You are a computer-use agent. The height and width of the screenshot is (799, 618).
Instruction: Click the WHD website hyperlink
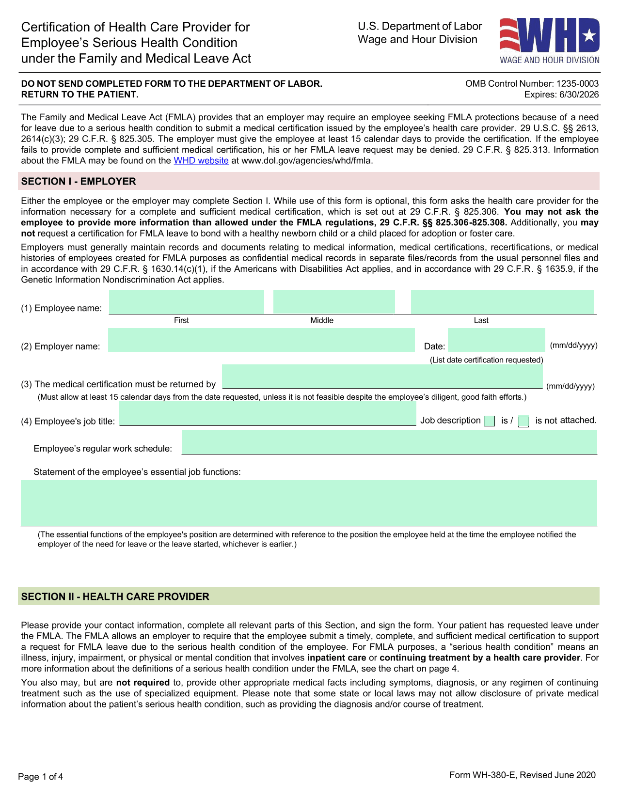point(201,161)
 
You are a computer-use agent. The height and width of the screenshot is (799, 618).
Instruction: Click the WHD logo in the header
point(549,41)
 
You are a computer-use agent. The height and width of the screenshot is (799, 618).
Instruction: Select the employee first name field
point(186,302)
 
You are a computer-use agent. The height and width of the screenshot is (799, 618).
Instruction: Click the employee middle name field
point(333,302)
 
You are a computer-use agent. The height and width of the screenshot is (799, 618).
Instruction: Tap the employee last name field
point(502,302)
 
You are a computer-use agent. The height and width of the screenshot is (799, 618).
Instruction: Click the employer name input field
point(261,340)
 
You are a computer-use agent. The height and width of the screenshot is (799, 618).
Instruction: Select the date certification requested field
point(496,340)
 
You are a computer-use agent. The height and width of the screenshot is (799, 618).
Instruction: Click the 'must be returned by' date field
point(382,376)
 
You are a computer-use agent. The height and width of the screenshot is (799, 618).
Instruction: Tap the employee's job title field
point(267,414)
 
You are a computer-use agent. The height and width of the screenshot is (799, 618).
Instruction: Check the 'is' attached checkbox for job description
point(490,421)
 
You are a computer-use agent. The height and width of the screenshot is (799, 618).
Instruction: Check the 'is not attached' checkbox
point(523,422)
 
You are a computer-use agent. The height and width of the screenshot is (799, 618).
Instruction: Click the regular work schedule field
point(389,442)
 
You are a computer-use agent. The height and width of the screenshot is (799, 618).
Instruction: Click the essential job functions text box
point(309,503)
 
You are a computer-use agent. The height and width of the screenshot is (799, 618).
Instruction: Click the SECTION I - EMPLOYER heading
point(79,182)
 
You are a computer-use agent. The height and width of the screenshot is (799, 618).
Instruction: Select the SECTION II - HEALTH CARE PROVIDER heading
point(115,597)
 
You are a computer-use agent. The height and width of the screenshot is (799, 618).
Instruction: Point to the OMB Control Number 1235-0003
point(532,84)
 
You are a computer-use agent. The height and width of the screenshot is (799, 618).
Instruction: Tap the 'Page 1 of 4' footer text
point(41,777)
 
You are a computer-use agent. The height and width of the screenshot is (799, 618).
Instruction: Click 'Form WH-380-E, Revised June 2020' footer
point(522,775)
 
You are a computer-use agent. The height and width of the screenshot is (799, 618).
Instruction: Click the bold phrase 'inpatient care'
point(336,658)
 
